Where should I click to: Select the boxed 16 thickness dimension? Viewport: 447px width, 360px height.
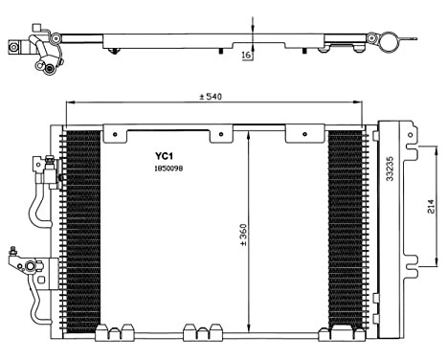click(x=247, y=56)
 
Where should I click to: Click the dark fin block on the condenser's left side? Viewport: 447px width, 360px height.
click(x=82, y=230)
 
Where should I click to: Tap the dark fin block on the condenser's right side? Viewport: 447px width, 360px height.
click(x=345, y=230)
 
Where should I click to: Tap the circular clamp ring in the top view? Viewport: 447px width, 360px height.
click(x=388, y=40)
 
